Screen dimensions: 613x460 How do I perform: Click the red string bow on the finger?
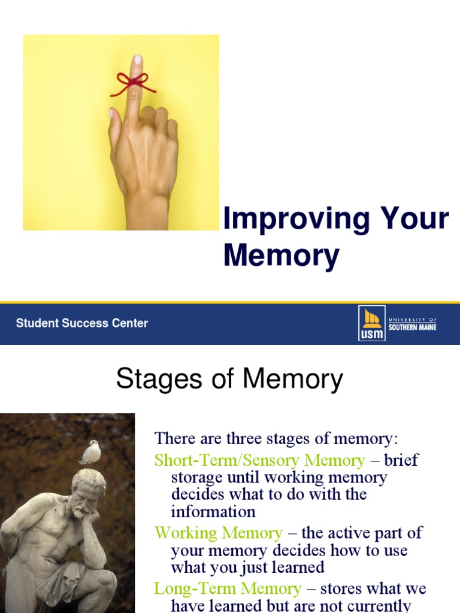tap(132, 83)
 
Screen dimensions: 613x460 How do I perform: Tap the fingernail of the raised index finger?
tap(138, 60)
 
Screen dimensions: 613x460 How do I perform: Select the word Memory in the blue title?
tap(281, 255)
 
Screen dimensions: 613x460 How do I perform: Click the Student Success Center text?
tap(81, 323)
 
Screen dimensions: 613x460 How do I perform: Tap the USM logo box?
tap(371, 323)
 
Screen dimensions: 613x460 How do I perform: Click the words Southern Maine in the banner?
tap(413, 327)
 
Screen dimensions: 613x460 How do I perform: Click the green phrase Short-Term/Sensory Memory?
tap(259, 460)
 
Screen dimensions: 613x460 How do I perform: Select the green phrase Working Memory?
tap(218, 533)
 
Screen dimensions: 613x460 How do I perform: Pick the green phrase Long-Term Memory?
tap(228, 588)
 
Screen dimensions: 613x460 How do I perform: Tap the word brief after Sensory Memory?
tap(401, 460)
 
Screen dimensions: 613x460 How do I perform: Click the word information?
tap(213, 512)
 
